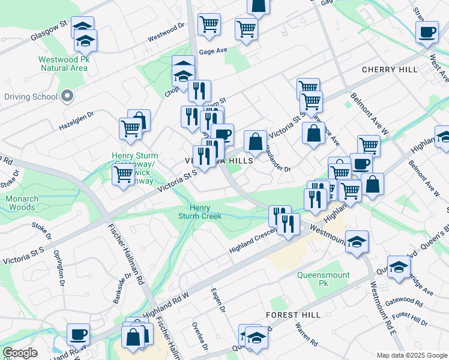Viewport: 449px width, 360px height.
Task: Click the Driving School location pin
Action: [x=67, y=96]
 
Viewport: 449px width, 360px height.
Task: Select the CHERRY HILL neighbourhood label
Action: [x=390, y=70]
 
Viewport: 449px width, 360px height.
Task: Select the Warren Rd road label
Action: [x=306, y=335]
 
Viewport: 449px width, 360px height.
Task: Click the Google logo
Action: [x=20, y=353]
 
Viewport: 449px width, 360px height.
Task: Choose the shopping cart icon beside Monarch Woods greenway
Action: [x=123, y=175]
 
